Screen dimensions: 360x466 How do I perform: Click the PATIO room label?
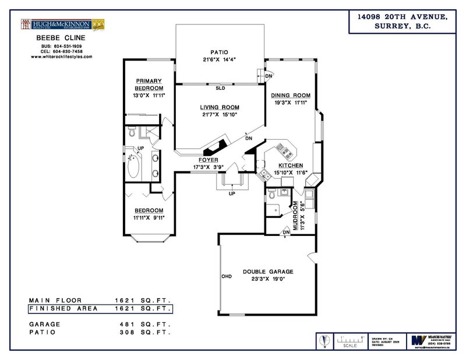click(219, 51)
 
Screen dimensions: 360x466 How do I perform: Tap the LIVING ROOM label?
click(220, 107)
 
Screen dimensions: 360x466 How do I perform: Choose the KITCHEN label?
click(287, 165)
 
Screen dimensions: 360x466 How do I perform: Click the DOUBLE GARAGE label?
click(268, 271)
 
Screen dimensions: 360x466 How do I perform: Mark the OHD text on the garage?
click(227, 276)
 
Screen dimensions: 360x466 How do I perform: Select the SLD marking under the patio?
click(220, 89)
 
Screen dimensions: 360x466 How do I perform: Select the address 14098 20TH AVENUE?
click(402, 17)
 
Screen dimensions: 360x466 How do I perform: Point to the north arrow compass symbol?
click(325, 340)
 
